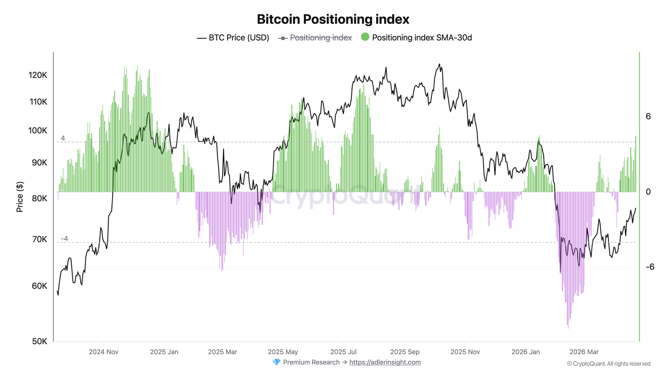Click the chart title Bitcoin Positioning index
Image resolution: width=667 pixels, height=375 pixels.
pos(333,19)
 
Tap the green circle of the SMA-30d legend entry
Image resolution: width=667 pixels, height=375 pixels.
pos(365,37)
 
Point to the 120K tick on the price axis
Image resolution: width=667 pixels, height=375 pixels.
pos(38,75)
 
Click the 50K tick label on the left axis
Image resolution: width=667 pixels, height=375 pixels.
pos(40,341)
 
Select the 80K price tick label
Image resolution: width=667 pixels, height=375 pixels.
pos(40,198)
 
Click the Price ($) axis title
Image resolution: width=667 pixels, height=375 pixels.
pos(20,197)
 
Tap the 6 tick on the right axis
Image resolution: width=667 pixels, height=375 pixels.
pos(648,116)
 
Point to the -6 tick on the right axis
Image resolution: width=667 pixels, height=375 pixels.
pos(649,267)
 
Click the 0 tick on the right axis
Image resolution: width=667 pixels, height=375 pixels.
pos(648,192)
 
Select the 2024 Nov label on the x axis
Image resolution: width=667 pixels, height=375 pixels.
pos(103,352)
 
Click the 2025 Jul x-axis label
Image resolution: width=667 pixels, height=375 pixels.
pos(343,352)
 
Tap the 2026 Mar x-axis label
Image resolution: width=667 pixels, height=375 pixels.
pos(584,352)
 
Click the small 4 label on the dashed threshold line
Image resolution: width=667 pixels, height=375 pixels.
pos(63,138)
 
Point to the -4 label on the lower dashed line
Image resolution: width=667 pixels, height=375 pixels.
pos(64,238)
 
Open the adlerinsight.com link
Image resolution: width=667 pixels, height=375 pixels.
pos(385,362)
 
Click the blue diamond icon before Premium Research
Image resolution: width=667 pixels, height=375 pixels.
pos(276,362)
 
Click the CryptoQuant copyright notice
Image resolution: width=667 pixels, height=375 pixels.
pos(608,364)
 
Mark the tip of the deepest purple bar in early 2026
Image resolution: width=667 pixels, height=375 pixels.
pos(568,328)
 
